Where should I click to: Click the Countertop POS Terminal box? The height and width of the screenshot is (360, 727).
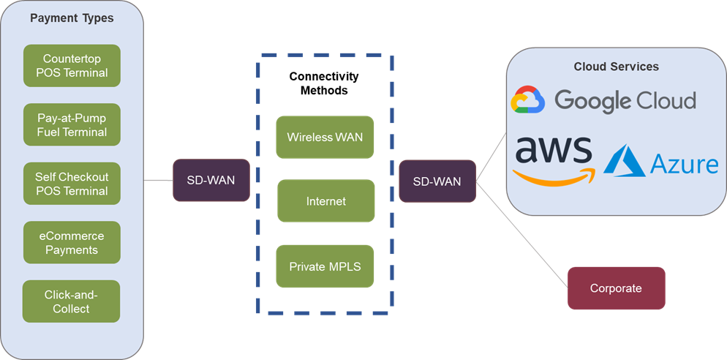[71, 66]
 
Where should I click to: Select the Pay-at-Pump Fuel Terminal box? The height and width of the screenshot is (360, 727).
[71, 124]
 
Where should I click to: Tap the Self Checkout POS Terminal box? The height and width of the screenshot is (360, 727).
[71, 184]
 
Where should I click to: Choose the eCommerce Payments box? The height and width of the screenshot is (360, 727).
[71, 243]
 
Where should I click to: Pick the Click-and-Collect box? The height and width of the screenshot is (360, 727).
[71, 301]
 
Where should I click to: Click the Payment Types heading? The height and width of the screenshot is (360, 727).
[72, 18]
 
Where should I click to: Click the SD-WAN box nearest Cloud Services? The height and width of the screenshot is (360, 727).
[437, 181]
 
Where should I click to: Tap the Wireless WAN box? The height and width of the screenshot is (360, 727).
[325, 137]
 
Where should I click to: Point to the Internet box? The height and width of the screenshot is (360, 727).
[325, 200]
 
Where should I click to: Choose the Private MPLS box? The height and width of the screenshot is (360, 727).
[325, 266]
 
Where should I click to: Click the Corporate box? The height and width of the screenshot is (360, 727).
[616, 288]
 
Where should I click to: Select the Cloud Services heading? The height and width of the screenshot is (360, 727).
[616, 67]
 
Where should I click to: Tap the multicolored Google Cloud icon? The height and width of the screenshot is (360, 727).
[528, 100]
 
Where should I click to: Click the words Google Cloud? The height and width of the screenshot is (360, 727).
[625, 100]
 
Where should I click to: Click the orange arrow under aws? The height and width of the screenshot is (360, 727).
[554, 176]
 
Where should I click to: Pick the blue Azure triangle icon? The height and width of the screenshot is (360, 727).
[624, 161]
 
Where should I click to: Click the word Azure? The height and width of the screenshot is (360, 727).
[685, 163]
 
